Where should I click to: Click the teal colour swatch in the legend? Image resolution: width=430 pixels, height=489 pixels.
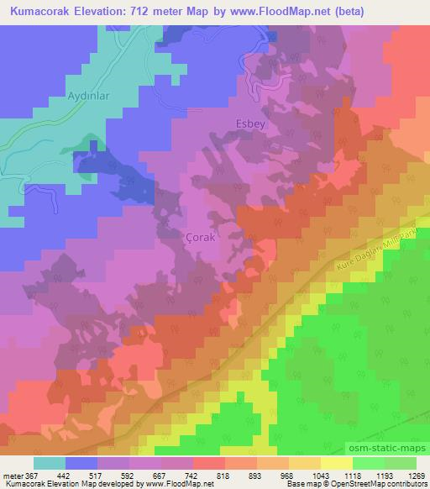click(50, 463)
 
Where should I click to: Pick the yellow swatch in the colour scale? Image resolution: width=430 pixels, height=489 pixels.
click(337, 463)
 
